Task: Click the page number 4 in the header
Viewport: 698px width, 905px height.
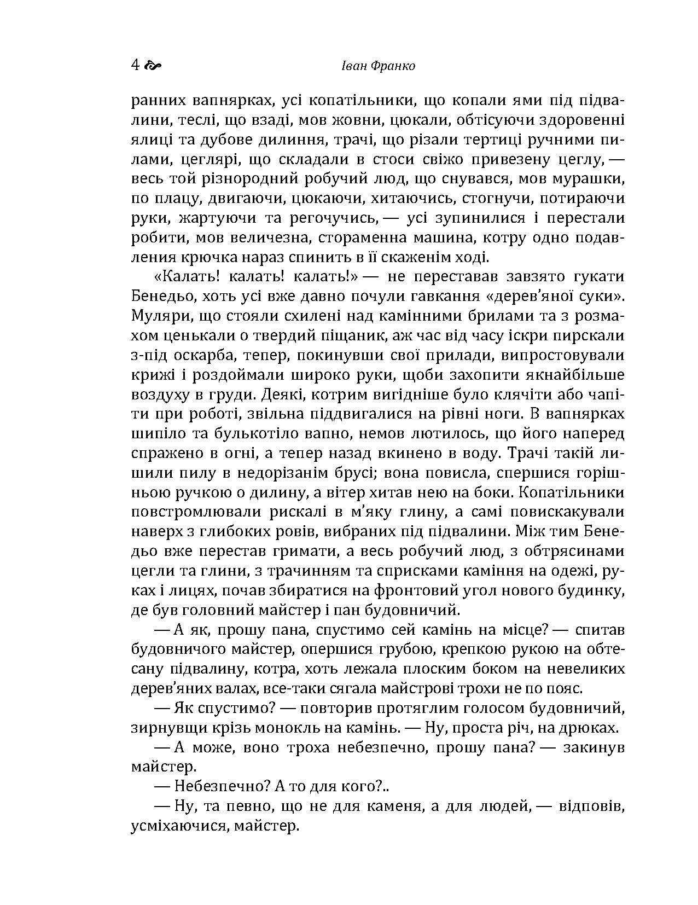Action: [x=135, y=66]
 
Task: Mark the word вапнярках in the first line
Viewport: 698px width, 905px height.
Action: [x=231, y=101]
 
